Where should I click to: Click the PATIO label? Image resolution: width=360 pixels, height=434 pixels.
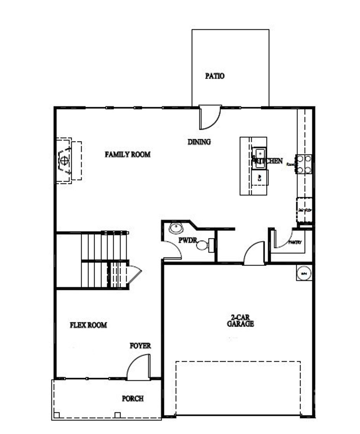coord(215,76)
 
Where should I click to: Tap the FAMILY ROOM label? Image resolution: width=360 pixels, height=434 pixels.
coord(128,154)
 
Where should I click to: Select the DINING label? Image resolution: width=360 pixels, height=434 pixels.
coord(199,142)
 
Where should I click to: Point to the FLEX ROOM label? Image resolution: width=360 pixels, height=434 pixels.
coord(88,325)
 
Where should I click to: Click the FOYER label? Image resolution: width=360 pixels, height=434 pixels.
coord(140,346)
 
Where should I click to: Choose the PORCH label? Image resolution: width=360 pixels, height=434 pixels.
coord(133,399)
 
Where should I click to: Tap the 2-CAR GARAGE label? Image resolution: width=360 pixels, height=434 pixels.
coord(240,321)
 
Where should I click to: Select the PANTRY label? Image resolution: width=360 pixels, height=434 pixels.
coord(295,243)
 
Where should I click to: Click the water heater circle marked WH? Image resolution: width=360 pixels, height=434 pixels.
coord(304,273)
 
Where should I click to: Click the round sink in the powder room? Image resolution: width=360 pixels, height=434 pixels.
coord(175,228)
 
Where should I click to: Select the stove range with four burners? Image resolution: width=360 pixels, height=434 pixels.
coord(304,164)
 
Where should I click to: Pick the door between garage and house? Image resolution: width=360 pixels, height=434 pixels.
coord(254,253)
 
